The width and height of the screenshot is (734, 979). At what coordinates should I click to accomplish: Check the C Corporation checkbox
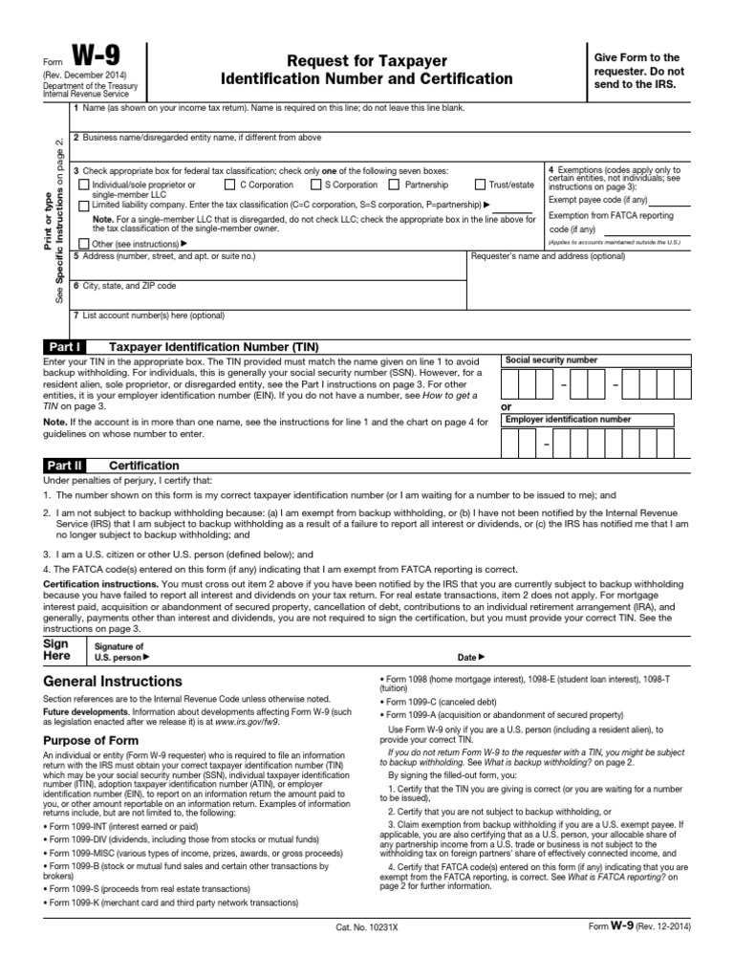point(230,185)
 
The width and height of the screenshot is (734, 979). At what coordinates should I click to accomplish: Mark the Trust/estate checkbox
point(480,185)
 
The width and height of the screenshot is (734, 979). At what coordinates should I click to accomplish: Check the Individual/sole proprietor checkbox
point(84,185)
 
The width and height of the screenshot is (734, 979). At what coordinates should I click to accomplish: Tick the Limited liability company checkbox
point(84,206)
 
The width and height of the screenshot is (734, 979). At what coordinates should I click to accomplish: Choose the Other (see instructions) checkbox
point(84,244)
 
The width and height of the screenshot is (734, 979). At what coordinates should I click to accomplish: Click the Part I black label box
point(64,347)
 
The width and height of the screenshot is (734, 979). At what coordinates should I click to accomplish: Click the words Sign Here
point(57,650)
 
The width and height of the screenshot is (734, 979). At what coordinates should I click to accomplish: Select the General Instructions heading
point(113,682)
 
